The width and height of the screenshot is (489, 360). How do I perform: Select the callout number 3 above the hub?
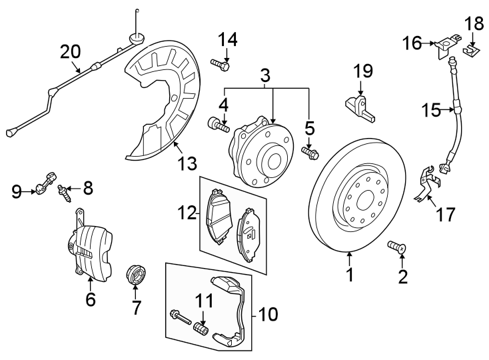tap(265, 75)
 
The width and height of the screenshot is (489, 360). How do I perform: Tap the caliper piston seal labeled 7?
tap(136, 273)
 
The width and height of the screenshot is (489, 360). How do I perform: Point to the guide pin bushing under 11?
tap(201, 329)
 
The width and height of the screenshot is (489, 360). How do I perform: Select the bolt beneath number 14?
tap(221, 65)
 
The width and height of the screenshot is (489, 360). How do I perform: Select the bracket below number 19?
tap(360, 108)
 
